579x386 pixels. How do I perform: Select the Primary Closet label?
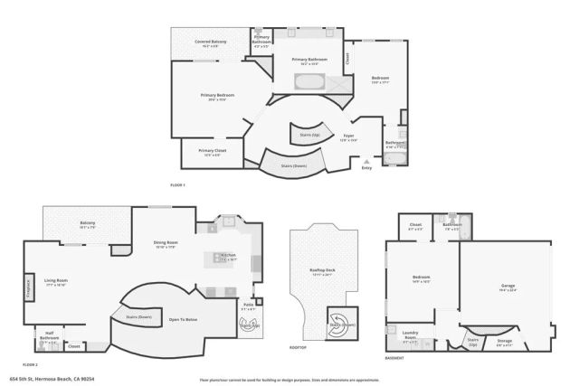pyautogui.click(x=213, y=152)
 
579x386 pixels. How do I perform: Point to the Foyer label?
pyautogui.click(x=348, y=139)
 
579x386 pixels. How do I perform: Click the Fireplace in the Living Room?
pyautogui.click(x=29, y=289)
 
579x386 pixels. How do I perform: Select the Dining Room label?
pyautogui.click(x=165, y=244)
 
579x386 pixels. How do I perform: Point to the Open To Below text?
pyautogui.click(x=183, y=318)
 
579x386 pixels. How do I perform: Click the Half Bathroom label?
pyautogui.click(x=50, y=339)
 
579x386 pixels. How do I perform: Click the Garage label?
pyautogui.click(x=508, y=287)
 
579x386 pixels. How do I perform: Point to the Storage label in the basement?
pyautogui.click(x=504, y=342)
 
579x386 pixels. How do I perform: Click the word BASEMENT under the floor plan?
pyautogui.click(x=394, y=359)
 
